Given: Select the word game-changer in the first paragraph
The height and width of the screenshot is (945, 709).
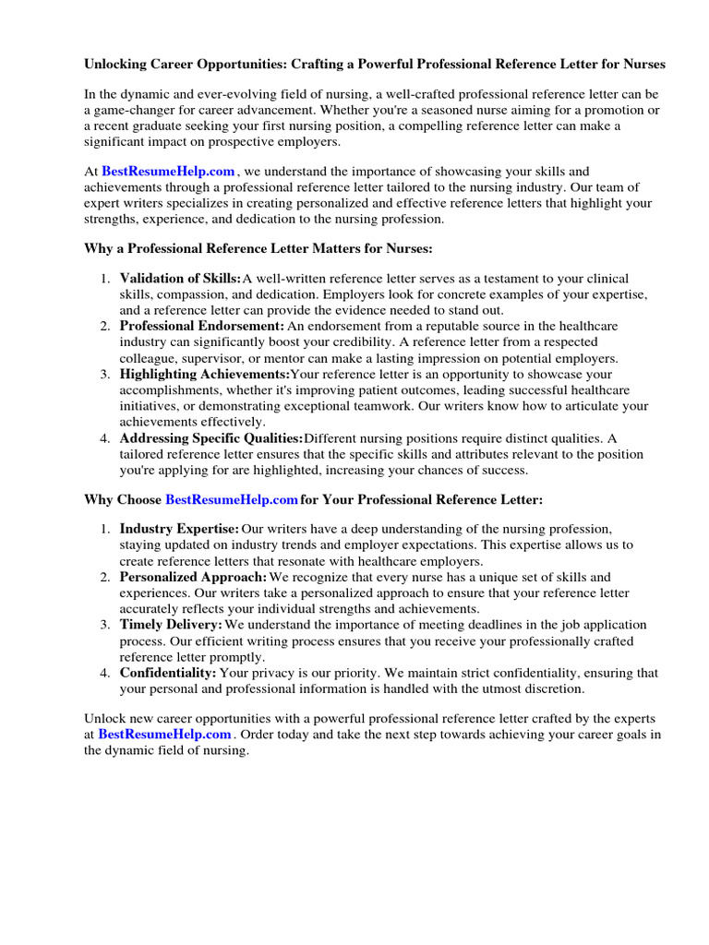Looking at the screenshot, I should tap(136, 111).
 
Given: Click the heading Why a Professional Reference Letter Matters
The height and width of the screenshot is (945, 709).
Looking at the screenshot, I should tap(258, 249).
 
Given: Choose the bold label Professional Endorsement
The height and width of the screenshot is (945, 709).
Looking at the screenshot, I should tap(202, 327).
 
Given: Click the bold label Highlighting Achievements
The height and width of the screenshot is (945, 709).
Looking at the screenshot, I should tap(205, 375).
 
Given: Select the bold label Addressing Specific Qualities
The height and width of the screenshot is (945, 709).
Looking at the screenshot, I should tap(211, 437).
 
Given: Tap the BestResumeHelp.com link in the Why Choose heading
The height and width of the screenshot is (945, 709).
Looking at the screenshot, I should tap(232, 499).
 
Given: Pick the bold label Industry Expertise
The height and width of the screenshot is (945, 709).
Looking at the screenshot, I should tap(179, 529).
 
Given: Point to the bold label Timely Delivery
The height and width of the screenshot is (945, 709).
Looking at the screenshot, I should tap(171, 625).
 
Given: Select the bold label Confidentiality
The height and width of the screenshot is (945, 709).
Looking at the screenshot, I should tap(168, 673).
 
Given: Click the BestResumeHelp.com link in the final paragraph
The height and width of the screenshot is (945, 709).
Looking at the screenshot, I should tap(164, 735).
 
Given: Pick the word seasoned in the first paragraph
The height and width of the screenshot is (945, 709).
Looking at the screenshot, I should tap(441, 111).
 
